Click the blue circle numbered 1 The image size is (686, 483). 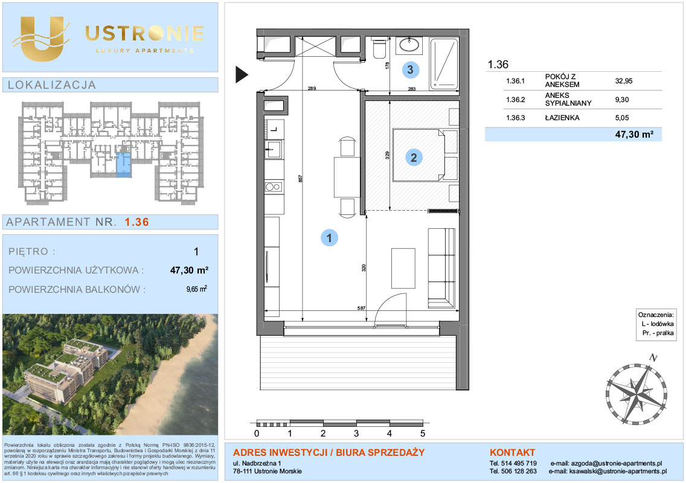[x=329, y=238]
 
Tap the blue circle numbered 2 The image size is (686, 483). [x=414, y=158]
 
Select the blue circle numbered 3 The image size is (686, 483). [x=410, y=69]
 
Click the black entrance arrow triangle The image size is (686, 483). [x=242, y=74]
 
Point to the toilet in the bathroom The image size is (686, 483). [x=379, y=48]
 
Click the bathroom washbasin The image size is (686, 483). [x=409, y=45]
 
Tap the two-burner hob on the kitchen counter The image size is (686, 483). [x=273, y=187]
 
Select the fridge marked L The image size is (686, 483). [x=274, y=129]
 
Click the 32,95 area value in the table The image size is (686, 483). [x=623, y=81]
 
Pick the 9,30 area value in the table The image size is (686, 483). [x=622, y=100]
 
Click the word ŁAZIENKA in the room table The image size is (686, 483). [x=562, y=118]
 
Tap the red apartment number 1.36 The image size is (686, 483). [x=136, y=222]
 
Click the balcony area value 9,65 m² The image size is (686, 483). [x=196, y=289]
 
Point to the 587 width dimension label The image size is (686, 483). [x=361, y=308]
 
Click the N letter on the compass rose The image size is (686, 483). [x=653, y=358]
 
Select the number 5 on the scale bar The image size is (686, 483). [x=423, y=433]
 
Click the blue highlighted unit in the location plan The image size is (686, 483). [x=124, y=165]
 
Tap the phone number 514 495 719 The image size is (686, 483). [x=519, y=463]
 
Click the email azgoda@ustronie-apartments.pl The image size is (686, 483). [x=617, y=463]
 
